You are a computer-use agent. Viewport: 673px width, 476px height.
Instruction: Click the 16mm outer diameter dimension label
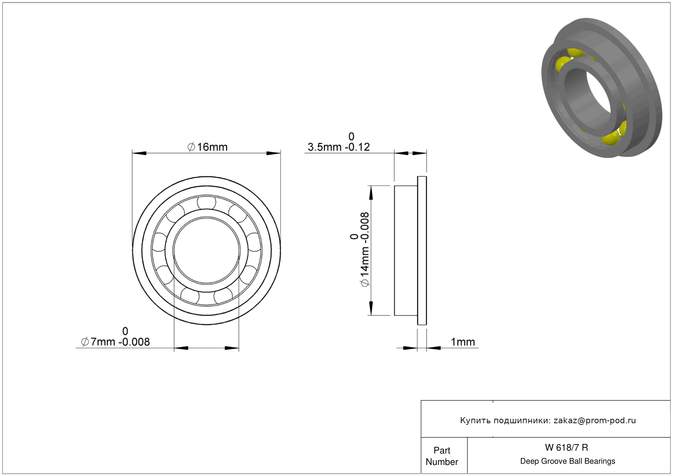(207, 147)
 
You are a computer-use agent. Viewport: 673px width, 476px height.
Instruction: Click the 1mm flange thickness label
(463, 342)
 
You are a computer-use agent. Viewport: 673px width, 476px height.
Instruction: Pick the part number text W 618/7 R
(567, 448)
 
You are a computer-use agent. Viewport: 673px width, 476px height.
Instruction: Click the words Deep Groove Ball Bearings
(568, 461)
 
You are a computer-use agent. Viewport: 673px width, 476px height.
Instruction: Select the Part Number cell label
(442, 456)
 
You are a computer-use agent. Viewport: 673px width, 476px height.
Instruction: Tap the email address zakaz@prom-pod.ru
(594, 420)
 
